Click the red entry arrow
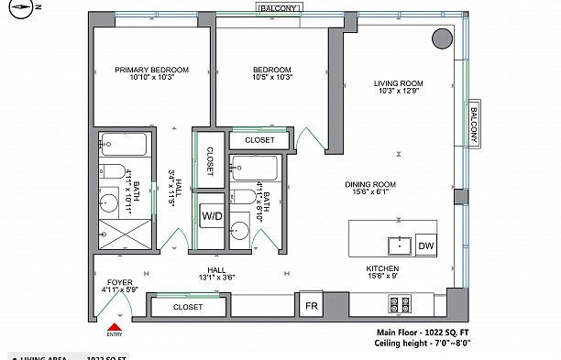(115, 324)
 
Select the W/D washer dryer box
(212, 216)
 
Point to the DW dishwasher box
(426, 245)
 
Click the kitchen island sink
(400, 245)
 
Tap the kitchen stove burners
(400, 302)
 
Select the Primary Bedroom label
(151, 70)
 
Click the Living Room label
(397, 84)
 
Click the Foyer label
(119, 282)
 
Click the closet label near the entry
(187, 308)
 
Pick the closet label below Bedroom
(259, 140)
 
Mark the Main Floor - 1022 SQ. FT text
(423, 333)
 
